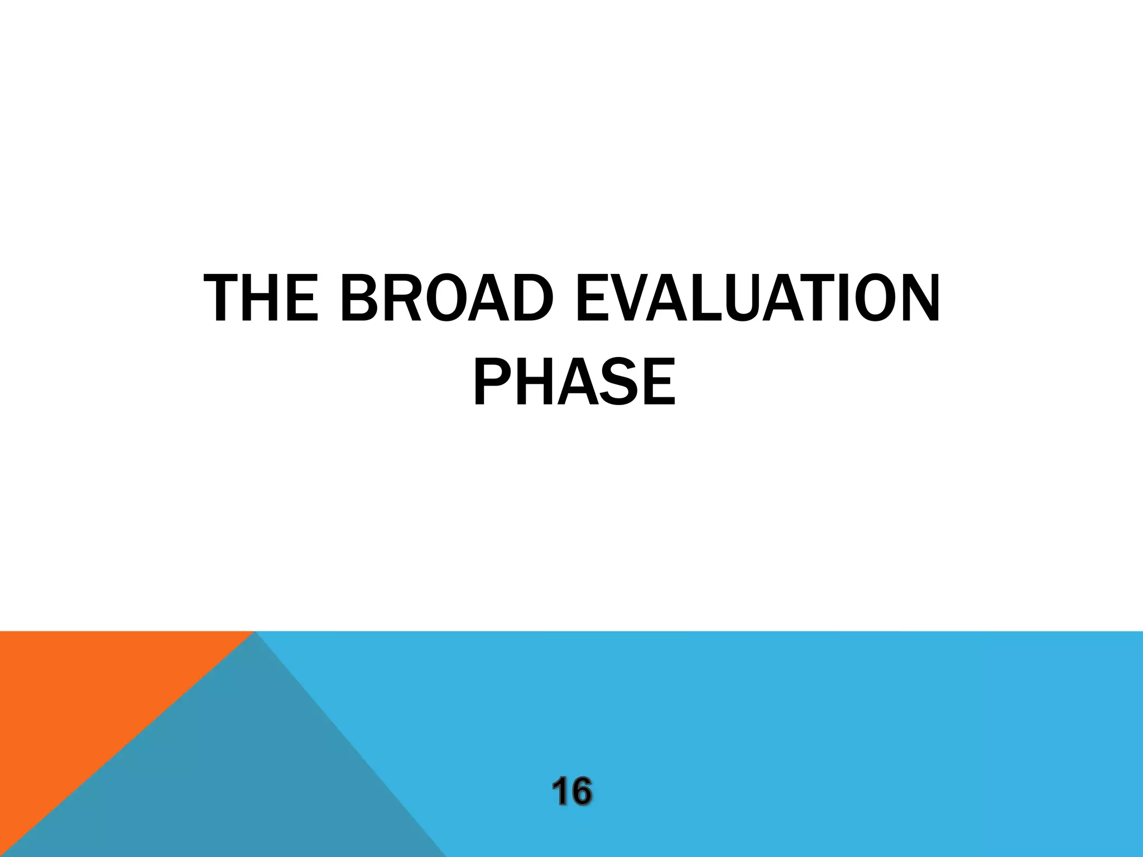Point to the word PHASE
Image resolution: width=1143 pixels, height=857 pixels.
pyautogui.click(x=574, y=383)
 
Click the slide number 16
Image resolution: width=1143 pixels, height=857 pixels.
pyautogui.click(x=572, y=792)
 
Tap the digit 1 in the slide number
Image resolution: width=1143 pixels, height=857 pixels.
pyautogui.click(x=561, y=792)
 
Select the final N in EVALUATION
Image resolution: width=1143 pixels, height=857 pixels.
pyautogui.click(x=919, y=300)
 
